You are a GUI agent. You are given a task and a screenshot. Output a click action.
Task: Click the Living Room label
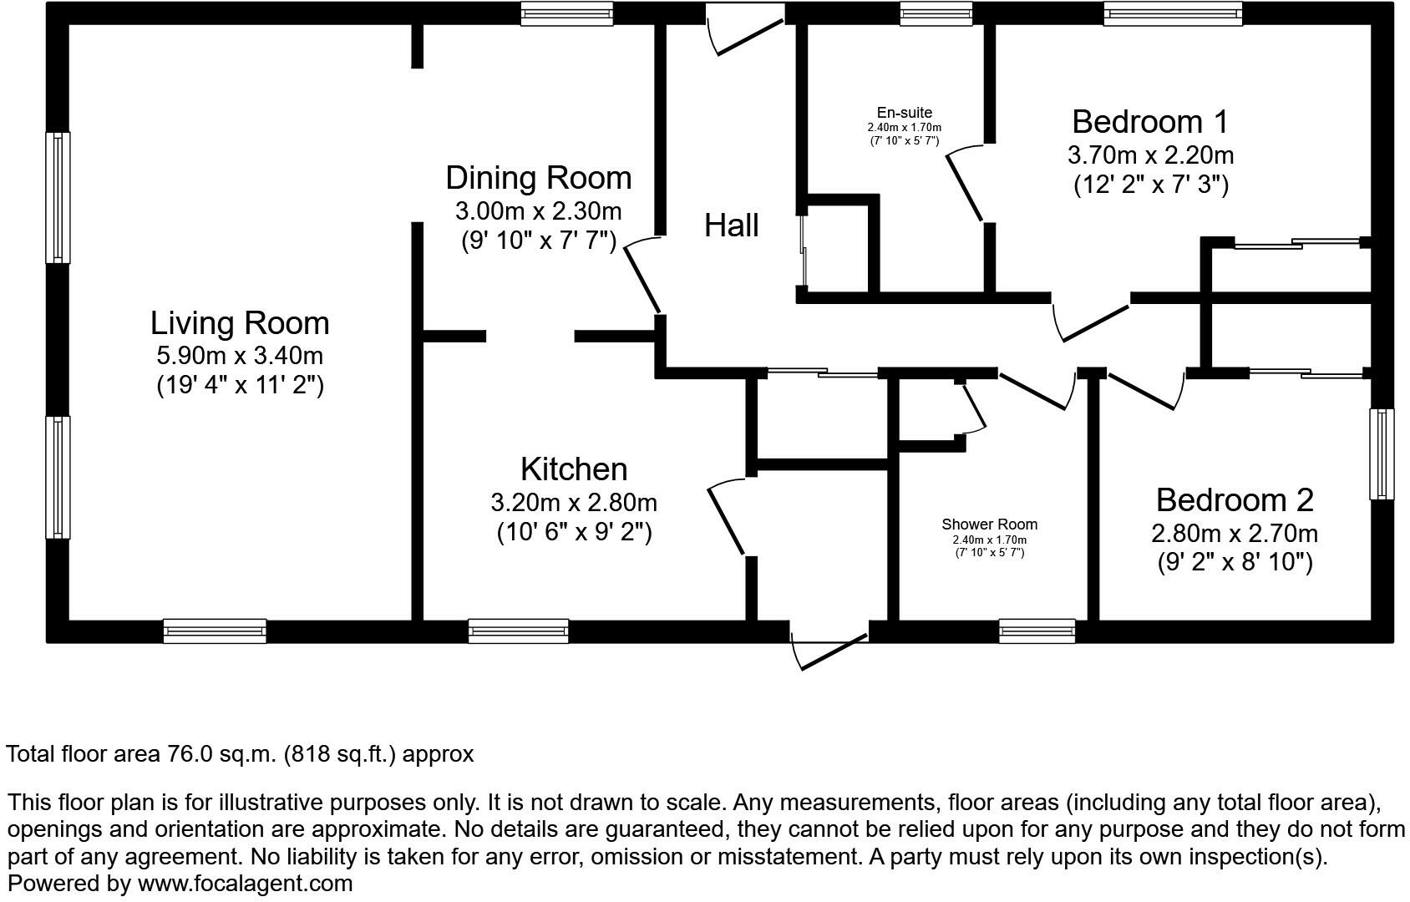pos(240,323)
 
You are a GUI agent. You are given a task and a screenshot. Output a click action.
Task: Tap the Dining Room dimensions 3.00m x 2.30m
pos(538,210)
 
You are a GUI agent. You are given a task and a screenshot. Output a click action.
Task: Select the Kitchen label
pos(573,469)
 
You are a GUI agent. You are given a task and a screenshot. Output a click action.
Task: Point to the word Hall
pos(731,225)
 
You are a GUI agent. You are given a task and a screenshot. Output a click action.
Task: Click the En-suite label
pos(904,113)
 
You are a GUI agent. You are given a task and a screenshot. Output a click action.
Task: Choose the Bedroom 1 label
pos(1149,122)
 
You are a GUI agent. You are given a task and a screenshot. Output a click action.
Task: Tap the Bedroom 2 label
pos(1234,500)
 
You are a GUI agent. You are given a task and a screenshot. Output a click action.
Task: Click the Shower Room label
pos(989,524)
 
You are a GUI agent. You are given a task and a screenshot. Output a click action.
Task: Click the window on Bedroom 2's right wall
pos(1382,454)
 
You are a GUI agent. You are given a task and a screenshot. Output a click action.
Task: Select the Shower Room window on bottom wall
pos(1037,631)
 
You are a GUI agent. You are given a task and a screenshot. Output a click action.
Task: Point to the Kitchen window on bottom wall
pos(518,631)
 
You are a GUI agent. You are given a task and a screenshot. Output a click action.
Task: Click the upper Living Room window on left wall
pos(58,197)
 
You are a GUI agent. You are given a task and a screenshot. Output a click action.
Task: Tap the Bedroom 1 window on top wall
pos(1172,14)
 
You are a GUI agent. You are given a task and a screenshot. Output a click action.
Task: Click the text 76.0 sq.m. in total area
pos(221,754)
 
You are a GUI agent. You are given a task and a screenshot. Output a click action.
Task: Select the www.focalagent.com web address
pos(245,883)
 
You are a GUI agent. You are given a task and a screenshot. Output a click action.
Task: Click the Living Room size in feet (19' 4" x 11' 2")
pos(240,385)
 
